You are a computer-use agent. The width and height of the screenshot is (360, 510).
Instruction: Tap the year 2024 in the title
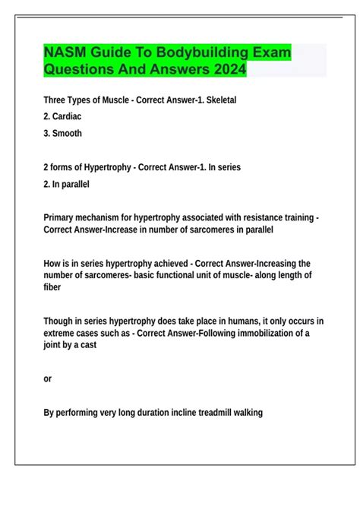[x=226, y=71]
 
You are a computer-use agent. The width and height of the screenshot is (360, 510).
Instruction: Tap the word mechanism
[x=107, y=217]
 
